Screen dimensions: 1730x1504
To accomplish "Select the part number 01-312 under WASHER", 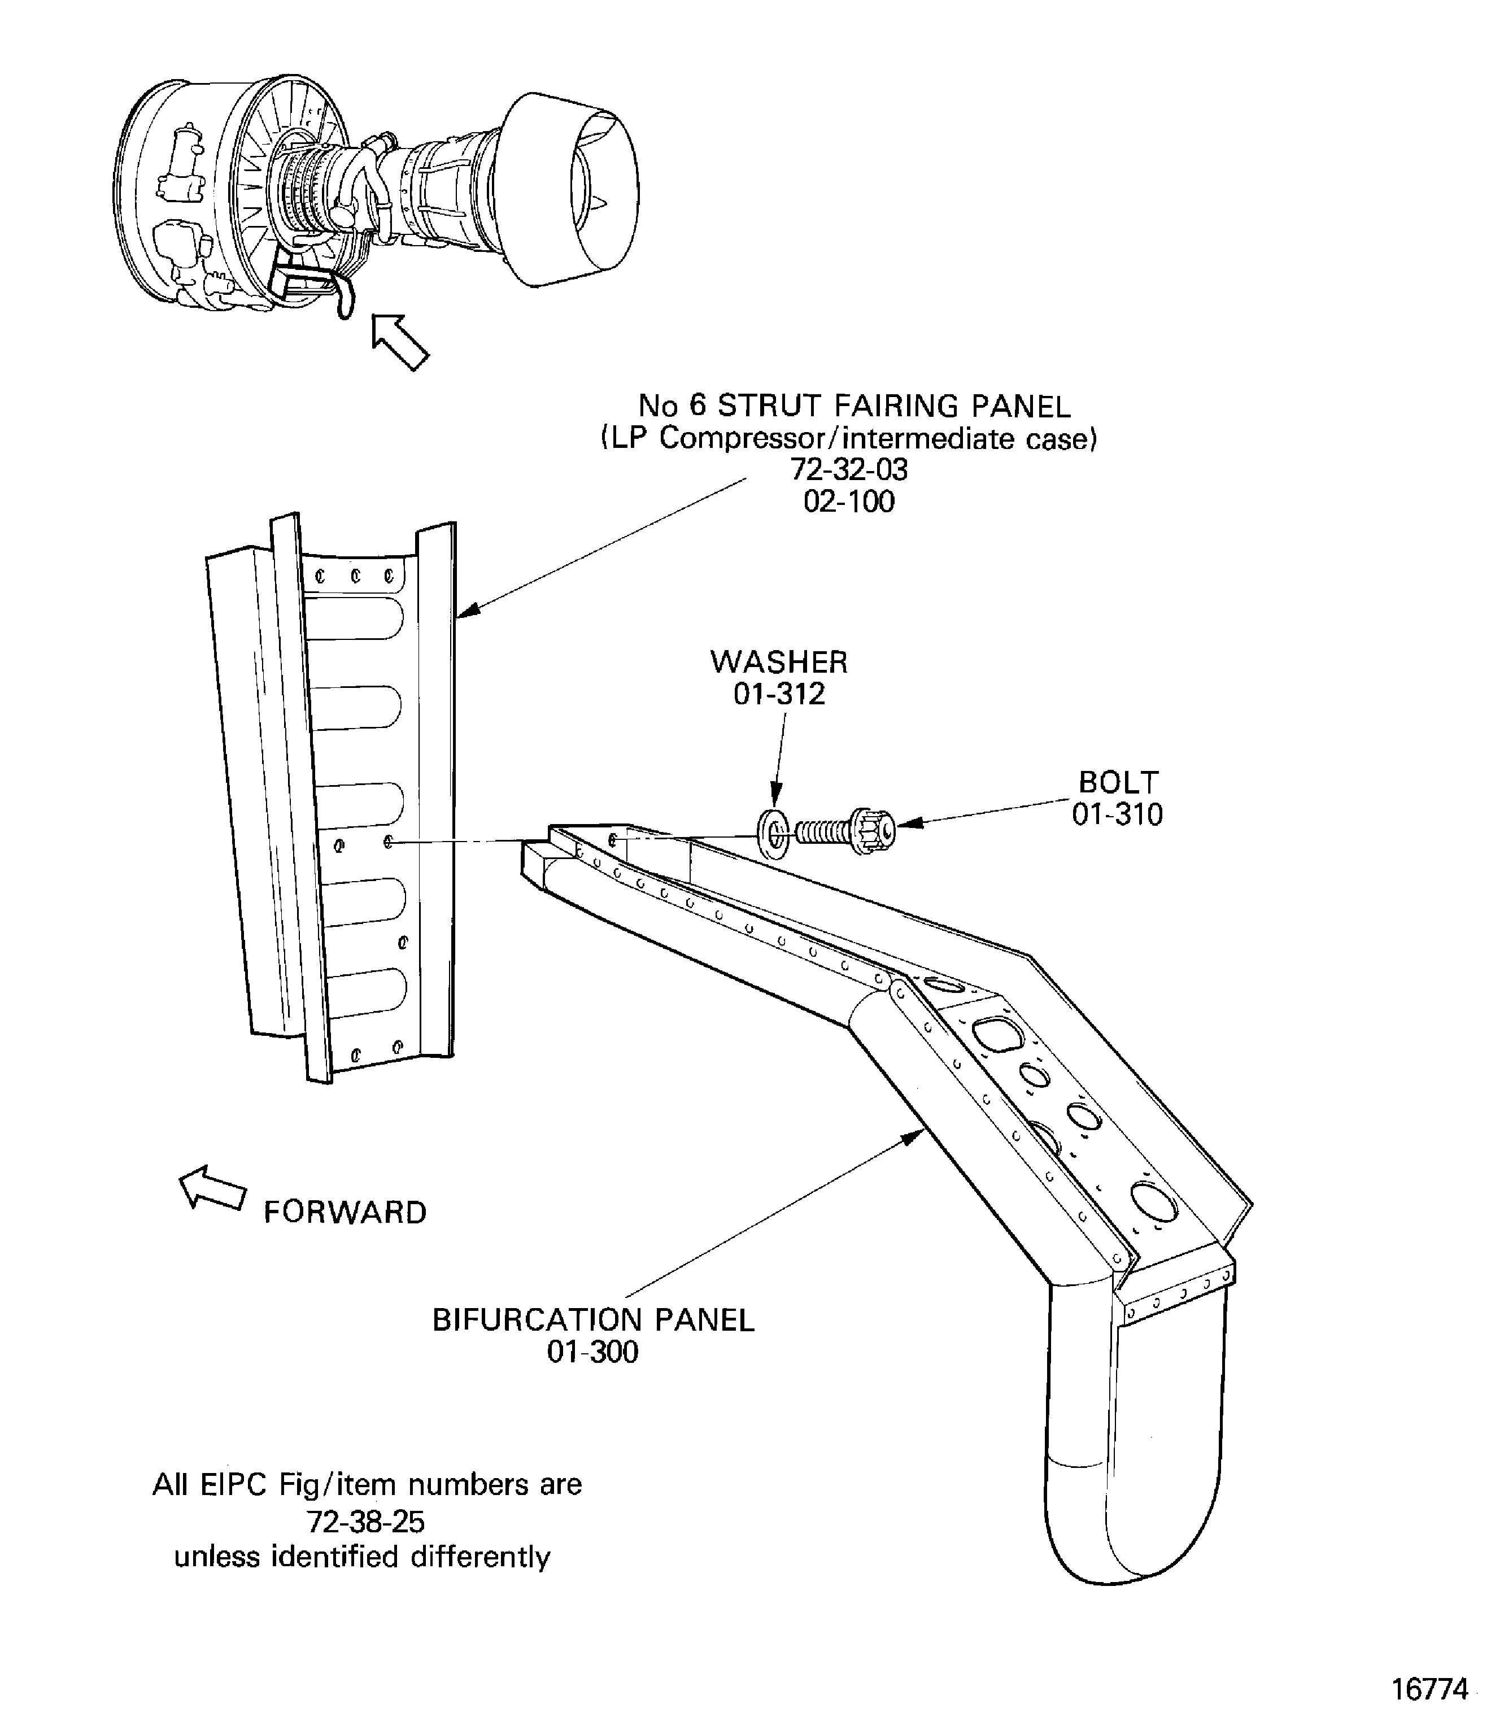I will [x=779, y=694].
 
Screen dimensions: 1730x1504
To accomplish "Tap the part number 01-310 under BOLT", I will [x=1117, y=814].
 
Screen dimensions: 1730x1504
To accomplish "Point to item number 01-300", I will [x=592, y=1352].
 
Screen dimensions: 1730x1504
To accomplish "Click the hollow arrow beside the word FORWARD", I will [x=211, y=1188].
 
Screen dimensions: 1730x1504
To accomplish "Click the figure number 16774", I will [x=1430, y=1689].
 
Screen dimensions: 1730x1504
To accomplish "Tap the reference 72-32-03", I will [x=848, y=469].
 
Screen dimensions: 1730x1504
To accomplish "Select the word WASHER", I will [x=779, y=663].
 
